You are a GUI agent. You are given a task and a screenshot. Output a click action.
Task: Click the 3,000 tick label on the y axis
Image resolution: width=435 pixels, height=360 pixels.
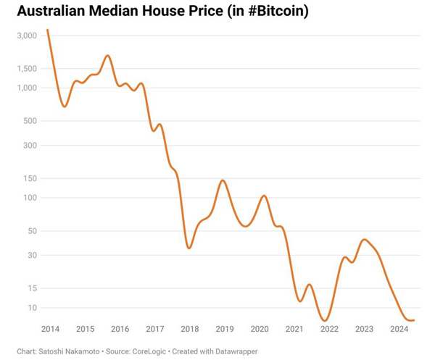27,35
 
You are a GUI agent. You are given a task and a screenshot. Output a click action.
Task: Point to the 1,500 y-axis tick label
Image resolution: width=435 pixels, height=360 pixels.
27,69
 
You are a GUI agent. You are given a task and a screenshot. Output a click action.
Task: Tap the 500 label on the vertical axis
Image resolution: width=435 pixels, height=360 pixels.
30,121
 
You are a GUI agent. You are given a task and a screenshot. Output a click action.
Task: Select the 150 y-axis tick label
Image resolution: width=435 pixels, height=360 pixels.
30,178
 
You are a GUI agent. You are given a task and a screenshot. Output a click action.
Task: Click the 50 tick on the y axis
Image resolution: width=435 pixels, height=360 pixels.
33,231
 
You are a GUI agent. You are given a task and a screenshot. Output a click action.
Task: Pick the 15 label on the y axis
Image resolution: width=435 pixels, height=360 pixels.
33,288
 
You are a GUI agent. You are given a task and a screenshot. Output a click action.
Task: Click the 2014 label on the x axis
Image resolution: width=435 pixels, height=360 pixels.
50,329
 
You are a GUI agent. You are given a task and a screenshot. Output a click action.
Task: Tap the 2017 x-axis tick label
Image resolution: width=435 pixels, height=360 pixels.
155,329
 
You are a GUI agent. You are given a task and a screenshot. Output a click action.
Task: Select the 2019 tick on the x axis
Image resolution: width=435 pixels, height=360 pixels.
225,329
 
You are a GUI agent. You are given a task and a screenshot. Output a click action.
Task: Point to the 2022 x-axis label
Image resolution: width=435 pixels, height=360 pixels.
329,329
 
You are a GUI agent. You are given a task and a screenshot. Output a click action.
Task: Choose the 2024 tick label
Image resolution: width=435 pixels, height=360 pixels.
399,329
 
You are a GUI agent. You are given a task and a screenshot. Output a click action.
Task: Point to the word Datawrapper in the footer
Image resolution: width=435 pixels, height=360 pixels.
236,351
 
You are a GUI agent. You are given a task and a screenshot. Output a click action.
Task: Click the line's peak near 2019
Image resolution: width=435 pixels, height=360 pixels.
223,180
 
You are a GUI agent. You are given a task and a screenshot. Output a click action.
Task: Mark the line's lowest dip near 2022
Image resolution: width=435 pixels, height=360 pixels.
326,320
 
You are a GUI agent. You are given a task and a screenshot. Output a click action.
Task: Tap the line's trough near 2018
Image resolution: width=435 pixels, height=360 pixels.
189,248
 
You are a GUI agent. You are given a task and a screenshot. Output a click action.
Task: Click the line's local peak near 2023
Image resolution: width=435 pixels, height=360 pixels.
365,240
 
